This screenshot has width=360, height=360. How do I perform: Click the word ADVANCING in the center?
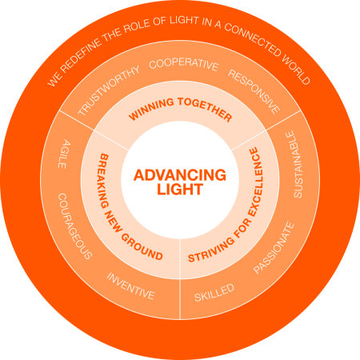180,175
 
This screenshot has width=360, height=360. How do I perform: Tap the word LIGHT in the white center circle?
180,189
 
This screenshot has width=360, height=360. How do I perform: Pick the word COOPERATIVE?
184,65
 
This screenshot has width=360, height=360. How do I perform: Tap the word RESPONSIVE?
254,91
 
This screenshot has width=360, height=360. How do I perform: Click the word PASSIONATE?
274,248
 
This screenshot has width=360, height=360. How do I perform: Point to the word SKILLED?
214,293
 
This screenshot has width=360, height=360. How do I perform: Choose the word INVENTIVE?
130,286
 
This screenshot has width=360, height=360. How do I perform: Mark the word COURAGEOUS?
74,226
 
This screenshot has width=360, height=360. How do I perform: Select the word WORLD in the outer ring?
296,70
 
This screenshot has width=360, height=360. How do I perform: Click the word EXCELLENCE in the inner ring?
255,182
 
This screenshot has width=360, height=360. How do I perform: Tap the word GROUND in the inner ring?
142,246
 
